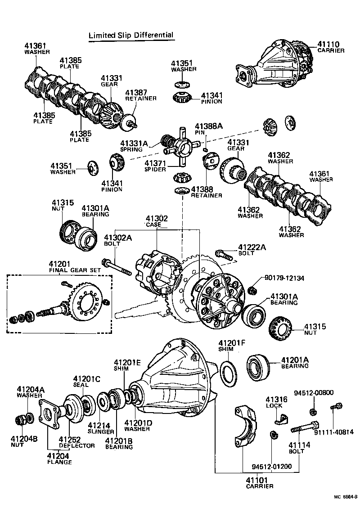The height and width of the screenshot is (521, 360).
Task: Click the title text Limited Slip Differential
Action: [x=130, y=35]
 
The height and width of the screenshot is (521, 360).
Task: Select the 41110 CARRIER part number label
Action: [x=330, y=47]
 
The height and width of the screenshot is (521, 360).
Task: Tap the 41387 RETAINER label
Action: [x=140, y=95]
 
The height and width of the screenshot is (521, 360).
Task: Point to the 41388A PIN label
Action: [x=208, y=130]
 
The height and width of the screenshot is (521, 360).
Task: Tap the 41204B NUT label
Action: [x=28, y=441]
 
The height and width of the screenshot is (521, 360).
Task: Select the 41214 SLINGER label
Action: [x=101, y=428]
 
